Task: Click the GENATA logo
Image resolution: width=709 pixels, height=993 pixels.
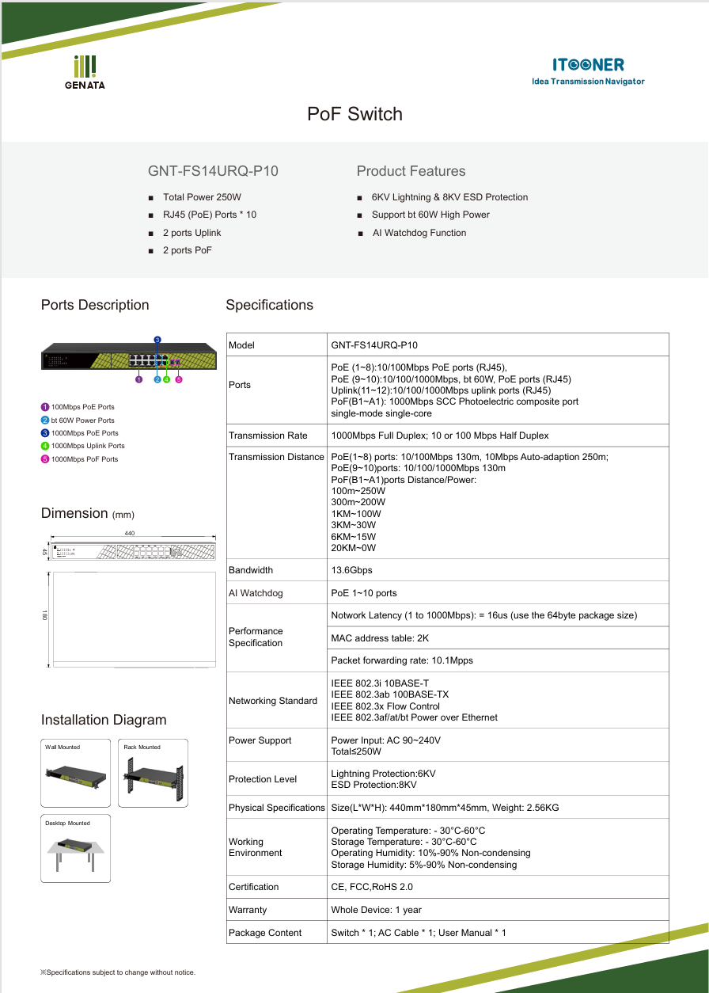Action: pyautogui.click(x=85, y=71)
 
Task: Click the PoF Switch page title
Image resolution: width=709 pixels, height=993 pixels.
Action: pyautogui.click(x=354, y=114)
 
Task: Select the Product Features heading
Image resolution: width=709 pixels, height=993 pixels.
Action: pyautogui.click(x=411, y=171)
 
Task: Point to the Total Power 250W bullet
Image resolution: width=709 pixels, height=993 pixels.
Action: pyautogui.click(x=202, y=197)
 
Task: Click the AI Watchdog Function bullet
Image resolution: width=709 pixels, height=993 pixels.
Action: pyautogui.click(x=419, y=233)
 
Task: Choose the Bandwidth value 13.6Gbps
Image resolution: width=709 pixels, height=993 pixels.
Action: pyautogui.click(x=351, y=570)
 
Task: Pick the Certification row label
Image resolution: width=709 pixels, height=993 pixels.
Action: pyautogui.click(x=253, y=887)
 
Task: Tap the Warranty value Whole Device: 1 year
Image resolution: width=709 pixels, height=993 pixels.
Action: pyautogui.click(x=376, y=910)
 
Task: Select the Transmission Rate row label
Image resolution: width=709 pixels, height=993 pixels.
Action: pyautogui.click(x=267, y=436)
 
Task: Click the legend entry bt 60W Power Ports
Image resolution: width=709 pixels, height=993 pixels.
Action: pyautogui.click(x=82, y=420)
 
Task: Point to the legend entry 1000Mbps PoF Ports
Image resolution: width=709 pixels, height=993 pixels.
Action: pyautogui.click(x=85, y=459)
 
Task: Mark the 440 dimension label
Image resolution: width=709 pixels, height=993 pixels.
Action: pyautogui.click(x=130, y=533)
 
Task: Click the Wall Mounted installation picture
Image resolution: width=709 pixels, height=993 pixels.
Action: pyautogui.click(x=76, y=774)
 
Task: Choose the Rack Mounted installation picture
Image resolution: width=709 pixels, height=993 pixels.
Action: pyautogui.click(x=153, y=774)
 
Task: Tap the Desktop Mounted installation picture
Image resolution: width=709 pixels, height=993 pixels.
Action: pyautogui.click(x=76, y=849)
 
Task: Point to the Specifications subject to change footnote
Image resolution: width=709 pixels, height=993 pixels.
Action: pyautogui.click(x=118, y=972)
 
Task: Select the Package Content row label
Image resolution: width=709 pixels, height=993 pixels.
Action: pyautogui.click(x=265, y=933)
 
